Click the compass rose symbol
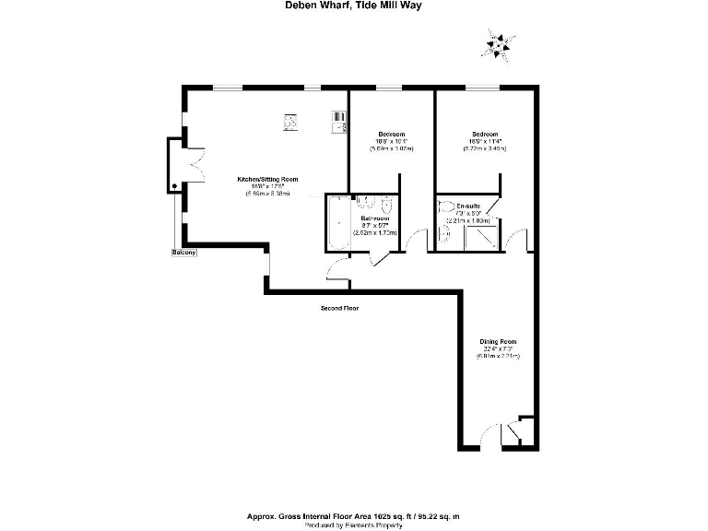tap(500, 42)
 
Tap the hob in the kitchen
tap(289, 119)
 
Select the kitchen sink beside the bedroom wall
tap(337, 119)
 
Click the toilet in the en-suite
tap(447, 206)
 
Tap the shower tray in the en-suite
tap(480, 238)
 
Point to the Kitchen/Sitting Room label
tap(267, 179)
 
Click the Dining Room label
tap(498, 342)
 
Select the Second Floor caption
tap(339, 308)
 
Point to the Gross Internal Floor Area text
tap(354, 515)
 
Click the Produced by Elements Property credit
tap(354, 525)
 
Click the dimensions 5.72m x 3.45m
tap(485, 148)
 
